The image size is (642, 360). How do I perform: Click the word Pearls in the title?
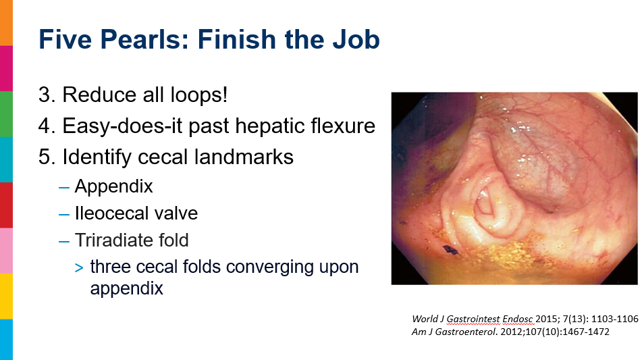(x=144, y=39)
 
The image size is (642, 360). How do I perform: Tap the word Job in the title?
(x=356, y=39)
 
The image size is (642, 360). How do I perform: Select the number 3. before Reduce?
(x=47, y=95)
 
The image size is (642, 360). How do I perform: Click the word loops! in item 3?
(x=198, y=95)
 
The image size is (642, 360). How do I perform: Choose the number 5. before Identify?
(x=47, y=157)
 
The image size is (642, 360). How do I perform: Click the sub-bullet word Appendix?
(x=114, y=187)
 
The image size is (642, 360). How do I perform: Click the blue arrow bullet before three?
(x=79, y=268)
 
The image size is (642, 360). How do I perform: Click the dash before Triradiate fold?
(x=64, y=242)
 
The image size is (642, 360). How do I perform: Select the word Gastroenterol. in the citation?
(x=466, y=332)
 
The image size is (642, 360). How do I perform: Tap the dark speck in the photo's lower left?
(x=451, y=249)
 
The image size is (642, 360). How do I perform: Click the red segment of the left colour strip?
(x=6, y=205)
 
